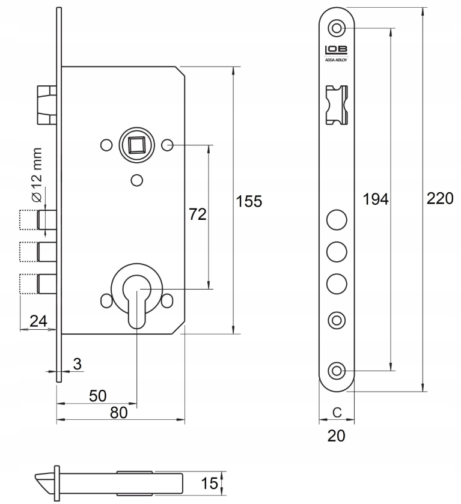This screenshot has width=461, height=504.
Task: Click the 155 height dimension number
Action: tap(249, 201)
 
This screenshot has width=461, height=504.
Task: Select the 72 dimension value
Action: tap(198, 214)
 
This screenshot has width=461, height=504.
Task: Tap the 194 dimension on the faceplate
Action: tap(377, 199)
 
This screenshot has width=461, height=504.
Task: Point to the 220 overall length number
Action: tap(439, 199)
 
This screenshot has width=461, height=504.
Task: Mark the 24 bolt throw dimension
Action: tap(38, 321)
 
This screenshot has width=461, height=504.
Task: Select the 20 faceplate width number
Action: tap(337, 436)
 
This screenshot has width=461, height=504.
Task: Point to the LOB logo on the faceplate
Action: tap(337, 51)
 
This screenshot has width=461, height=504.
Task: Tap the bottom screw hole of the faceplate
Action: tap(337, 370)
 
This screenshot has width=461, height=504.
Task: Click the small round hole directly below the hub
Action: tap(136, 179)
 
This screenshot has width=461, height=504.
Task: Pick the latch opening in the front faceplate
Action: tap(337, 105)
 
